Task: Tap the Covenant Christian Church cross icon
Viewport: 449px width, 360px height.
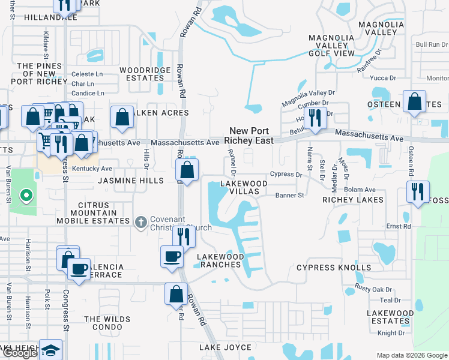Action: (140, 223)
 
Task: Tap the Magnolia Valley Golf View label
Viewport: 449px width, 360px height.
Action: (331, 46)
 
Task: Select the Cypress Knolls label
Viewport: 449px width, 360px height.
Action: (334, 268)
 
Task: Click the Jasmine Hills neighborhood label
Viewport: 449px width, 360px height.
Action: (130, 181)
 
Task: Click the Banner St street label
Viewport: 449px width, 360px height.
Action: (291, 195)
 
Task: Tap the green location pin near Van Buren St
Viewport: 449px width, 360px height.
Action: (25, 195)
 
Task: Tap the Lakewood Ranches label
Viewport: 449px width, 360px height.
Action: (221, 260)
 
